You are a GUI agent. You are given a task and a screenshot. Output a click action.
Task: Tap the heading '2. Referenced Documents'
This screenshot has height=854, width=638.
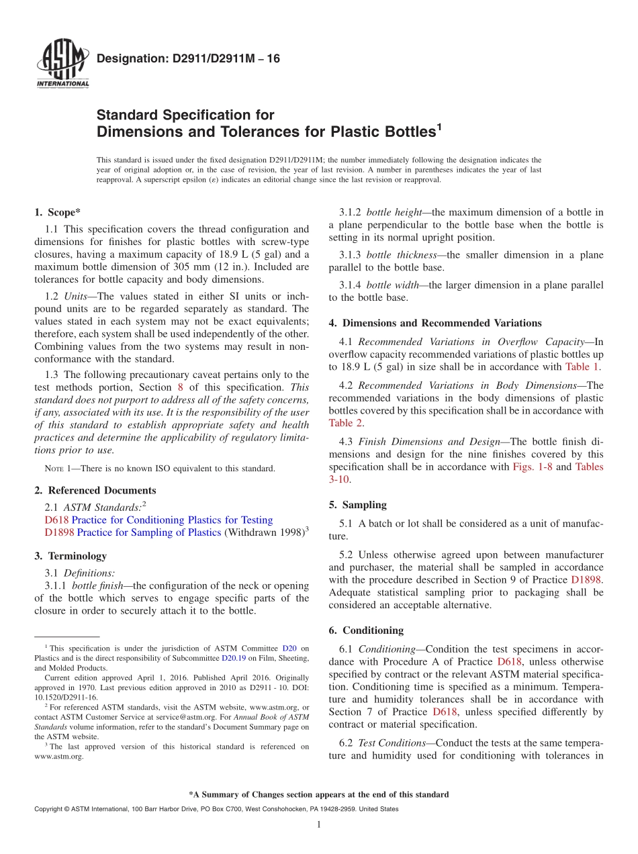pyautogui.click(x=95, y=490)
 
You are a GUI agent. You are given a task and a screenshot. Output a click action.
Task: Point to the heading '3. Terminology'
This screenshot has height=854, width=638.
pyautogui.click(x=71, y=556)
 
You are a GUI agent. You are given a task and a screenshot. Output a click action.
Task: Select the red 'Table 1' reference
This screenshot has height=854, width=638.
pyautogui.click(x=583, y=367)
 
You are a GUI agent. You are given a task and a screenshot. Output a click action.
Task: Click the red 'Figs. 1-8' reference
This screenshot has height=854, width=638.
pyautogui.click(x=533, y=467)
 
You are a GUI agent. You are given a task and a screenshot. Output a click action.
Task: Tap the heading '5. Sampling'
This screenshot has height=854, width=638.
pyautogui.click(x=357, y=505)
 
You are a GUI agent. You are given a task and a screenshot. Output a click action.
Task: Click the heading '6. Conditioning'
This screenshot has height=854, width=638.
pyautogui.click(x=366, y=630)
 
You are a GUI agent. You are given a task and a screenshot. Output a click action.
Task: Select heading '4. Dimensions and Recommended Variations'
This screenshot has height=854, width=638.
pyautogui.click(x=435, y=323)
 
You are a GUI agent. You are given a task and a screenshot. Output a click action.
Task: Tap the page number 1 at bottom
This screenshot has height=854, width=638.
pyautogui.click(x=319, y=824)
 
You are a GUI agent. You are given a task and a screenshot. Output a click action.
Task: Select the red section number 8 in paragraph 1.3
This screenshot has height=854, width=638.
pyautogui.click(x=180, y=387)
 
